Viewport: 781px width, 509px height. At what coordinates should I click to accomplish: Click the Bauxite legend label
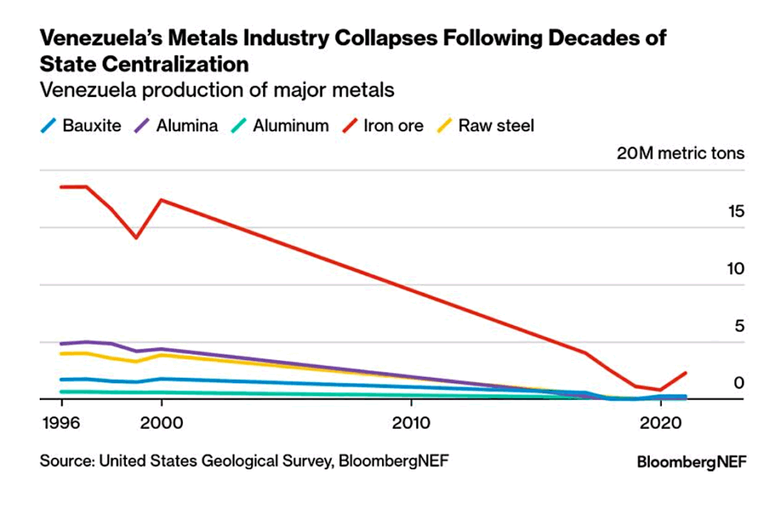click(x=92, y=126)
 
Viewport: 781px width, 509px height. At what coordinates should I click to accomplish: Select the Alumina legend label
click(x=188, y=126)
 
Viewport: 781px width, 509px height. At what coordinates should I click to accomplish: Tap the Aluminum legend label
click(x=291, y=126)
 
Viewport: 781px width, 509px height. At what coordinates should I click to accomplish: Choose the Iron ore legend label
click(x=394, y=126)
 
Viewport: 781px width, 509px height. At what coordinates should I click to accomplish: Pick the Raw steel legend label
click(x=496, y=126)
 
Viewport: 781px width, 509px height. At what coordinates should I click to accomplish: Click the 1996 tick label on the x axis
click(x=61, y=422)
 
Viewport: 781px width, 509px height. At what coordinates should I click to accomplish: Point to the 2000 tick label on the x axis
click(x=161, y=422)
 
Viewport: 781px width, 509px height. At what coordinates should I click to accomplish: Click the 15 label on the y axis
click(x=734, y=211)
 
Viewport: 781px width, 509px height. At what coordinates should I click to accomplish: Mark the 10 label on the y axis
click(x=734, y=269)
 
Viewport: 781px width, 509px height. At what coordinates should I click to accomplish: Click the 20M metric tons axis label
click(x=680, y=153)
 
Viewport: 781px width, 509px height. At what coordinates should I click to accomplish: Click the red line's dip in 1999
click(x=137, y=238)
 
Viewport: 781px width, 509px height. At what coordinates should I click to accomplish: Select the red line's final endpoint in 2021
click(x=686, y=373)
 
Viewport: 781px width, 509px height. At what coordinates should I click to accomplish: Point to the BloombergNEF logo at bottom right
click(x=691, y=462)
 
